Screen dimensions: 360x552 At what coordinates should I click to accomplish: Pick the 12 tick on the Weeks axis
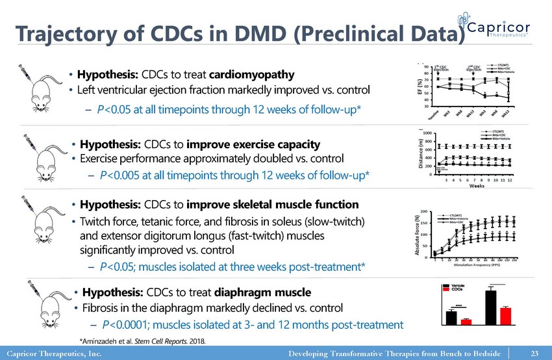(x=510, y=181)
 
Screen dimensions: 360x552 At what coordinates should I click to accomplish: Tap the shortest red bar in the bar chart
(x=466, y=321)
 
